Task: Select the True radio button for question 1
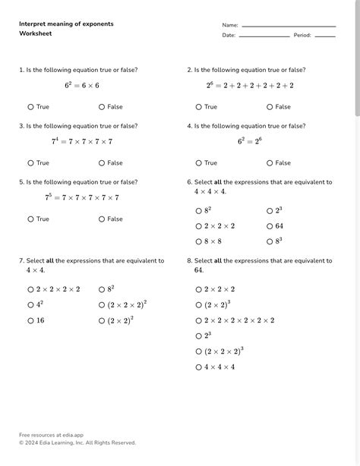click(x=31, y=107)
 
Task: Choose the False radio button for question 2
click(x=270, y=107)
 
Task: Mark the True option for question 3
click(x=31, y=163)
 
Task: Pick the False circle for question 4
click(x=270, y=163)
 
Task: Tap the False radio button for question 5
click(x=102, y=219)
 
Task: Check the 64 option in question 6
click(x=270, y=226)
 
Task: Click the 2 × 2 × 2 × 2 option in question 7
click(x=31, y=289)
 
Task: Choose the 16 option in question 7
click(x=31, y=321)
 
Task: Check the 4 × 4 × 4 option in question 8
click(x=199, y=367)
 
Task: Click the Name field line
click(x=288, y=26)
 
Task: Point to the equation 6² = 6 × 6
click(x=82, y=86)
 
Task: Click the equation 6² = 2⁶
click(x=250, y=142)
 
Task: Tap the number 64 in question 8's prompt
click(x=199, y=270)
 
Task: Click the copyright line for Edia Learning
click(x=77, y=442)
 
